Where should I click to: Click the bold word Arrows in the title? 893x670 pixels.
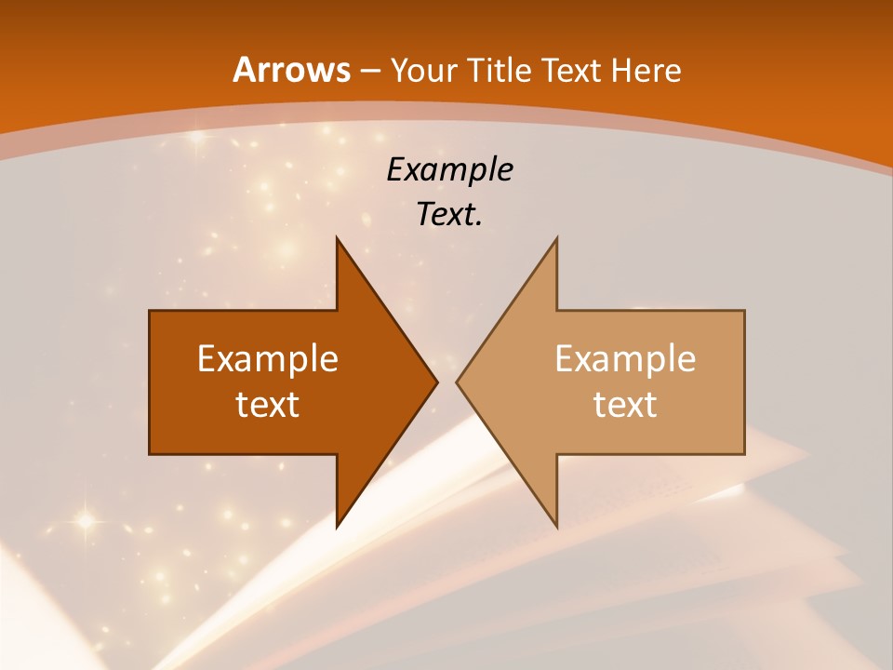[291, 71]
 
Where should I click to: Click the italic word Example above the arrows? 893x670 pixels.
[449, 169]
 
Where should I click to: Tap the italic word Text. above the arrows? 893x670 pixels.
[449, 214]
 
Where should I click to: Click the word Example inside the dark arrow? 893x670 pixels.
[268, 359]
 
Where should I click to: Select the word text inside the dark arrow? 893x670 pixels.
[268, 404]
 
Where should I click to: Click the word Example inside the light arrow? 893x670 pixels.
[625, 359]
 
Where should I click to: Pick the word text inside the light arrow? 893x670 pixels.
[625, 404]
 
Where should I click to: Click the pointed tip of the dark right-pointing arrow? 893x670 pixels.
[436, 382]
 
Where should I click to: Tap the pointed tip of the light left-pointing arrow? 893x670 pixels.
[457, 382]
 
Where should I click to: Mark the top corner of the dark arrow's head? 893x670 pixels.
[337, 238]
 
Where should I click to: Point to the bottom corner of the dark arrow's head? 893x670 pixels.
[337, 526]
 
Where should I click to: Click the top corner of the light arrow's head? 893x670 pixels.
[556, 238]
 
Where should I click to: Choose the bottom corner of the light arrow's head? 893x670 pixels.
[556, 526]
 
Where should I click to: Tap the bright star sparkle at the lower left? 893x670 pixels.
[86, 521]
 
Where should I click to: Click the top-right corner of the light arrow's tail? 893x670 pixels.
[744, 311]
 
